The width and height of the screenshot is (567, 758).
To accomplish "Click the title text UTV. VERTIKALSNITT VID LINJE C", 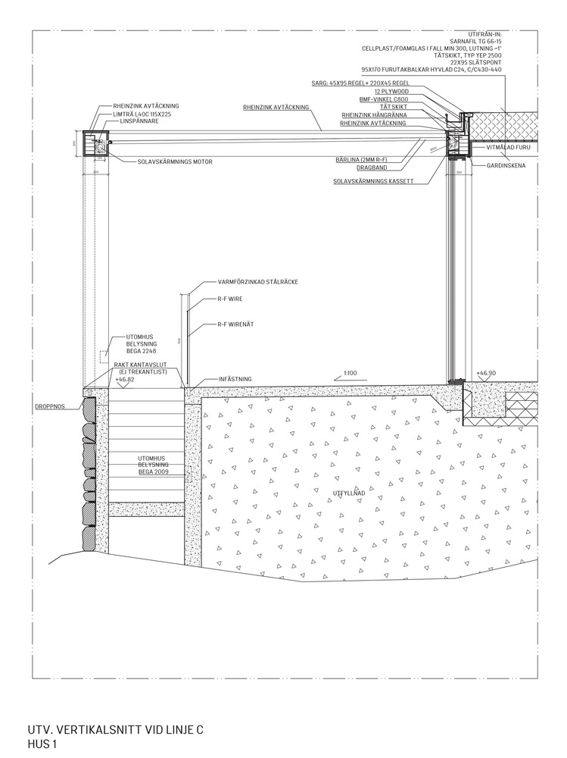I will click(x=115, y=730).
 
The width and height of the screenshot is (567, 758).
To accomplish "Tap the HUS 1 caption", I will click(x=42, y=745).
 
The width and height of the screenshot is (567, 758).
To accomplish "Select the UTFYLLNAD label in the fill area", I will click(x=350, y=493).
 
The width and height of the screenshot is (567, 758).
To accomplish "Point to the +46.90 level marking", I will click(x=486, y=373).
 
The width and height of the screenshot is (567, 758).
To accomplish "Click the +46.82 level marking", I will click(x=124, y=379).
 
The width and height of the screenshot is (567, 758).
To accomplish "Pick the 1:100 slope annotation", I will click(x=350, y=373).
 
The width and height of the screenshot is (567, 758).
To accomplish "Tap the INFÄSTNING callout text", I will click(x=235, y=378).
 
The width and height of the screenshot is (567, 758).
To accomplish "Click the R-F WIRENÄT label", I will click(x=235, y=324).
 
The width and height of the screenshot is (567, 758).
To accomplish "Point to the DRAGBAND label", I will click(x=373, y=167).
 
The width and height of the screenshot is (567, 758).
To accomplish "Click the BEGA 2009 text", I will click(x=152, y=471).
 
